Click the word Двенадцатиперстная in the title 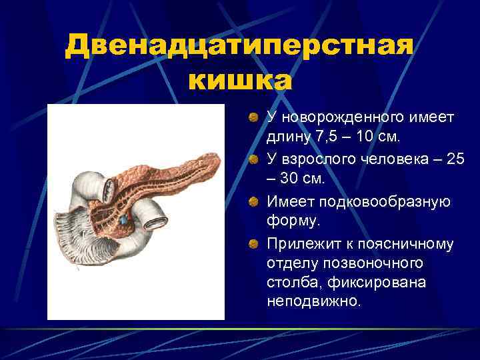[239, 48]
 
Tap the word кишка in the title [239, 81]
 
